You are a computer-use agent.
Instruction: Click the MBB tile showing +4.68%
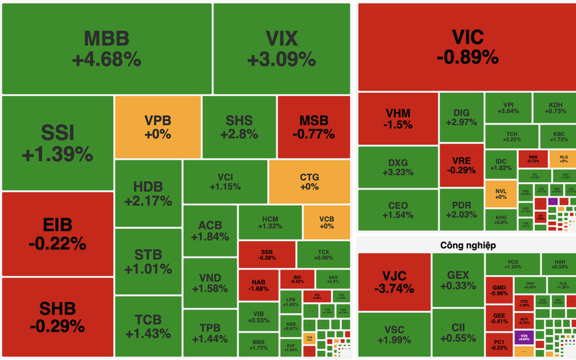point(107,48)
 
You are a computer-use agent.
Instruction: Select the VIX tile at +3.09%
point(281,48)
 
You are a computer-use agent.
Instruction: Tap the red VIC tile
point(467,46)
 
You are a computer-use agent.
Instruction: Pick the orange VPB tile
point(157,127)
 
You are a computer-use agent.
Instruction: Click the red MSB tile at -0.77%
point(313,127)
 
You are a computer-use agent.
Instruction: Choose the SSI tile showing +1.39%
point(57,143)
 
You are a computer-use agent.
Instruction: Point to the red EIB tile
point(57,233)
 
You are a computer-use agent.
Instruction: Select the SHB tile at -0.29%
point(57,316)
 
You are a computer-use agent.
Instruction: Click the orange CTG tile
point(309,182)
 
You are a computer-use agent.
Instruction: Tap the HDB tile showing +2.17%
point(148,193)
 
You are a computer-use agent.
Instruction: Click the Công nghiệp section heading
point(468,245)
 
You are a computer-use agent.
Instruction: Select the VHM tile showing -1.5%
point(398,118)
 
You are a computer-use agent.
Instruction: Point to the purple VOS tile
point(523,338)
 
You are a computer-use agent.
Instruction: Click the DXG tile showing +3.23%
point(398,167)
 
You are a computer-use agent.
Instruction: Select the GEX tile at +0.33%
point(458,280)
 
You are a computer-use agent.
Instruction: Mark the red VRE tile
point(461,165)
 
